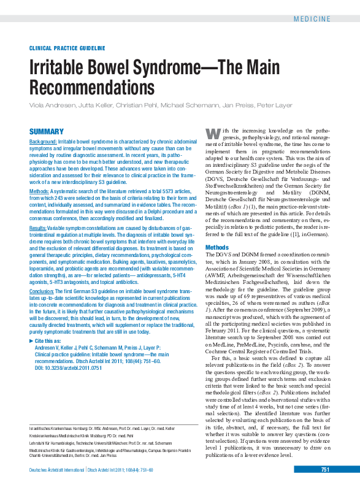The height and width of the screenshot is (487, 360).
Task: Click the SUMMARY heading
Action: (47, 132)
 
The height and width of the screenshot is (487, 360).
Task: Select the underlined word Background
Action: (43, 142)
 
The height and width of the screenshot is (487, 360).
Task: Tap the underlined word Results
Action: (39, 228)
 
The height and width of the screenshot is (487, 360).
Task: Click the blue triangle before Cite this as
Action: (32, 340)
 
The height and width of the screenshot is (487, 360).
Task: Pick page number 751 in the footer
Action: (326, 470)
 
